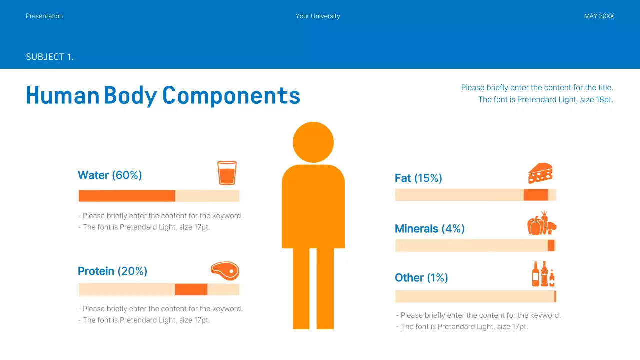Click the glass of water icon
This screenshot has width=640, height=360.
(227, 173)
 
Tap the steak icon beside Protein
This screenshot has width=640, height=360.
(225, 271)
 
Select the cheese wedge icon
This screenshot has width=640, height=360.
(540, 173)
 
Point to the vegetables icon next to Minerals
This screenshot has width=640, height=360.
(542, 223)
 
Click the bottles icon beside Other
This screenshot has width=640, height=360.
(543, 274)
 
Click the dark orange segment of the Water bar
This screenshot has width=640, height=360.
(127, 196)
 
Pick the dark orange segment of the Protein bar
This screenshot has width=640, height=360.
(191, 289)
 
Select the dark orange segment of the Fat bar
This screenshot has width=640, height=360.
(536, 195)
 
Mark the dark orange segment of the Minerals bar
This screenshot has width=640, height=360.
(551, 245)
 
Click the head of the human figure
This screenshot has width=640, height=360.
(313, 142)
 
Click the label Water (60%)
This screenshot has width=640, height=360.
(110, 175)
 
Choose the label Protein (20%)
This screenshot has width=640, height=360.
(112, 271)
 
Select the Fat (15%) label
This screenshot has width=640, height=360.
(418, 178)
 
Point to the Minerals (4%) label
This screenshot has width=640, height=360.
(430, 229)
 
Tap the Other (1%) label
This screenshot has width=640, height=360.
(421, 278)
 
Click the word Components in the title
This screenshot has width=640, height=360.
(231, 95)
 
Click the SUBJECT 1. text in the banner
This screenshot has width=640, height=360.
(50, 57)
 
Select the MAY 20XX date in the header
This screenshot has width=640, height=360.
(599, 16)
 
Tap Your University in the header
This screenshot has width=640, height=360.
(318, 16)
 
